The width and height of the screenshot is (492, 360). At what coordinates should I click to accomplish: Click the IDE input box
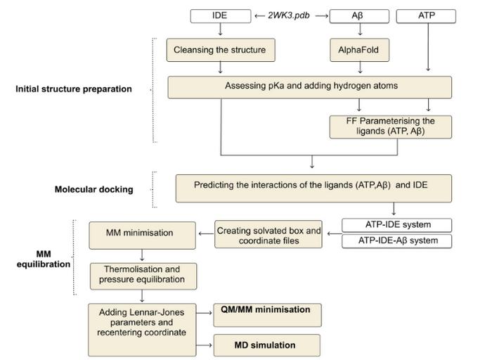[221, 15]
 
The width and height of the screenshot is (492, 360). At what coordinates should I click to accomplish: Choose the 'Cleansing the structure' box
[221, 50]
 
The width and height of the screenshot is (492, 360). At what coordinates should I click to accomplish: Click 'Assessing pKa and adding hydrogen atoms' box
[309, 86]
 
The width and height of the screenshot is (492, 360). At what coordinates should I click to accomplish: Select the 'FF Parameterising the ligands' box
[390, 126]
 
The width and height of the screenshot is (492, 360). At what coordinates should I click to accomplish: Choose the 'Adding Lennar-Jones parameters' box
[143, 328]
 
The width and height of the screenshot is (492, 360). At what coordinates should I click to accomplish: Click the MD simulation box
[268, 345]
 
